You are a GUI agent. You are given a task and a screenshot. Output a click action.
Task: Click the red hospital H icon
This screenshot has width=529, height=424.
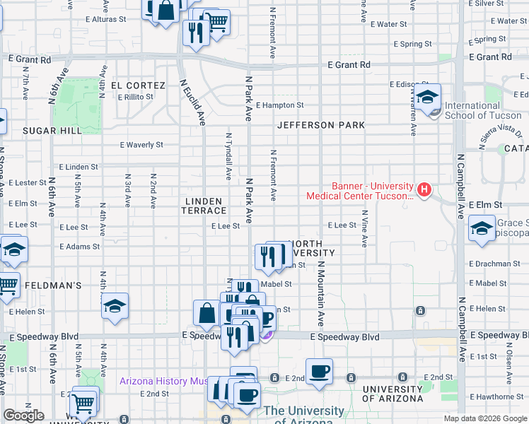[x=424, y=189]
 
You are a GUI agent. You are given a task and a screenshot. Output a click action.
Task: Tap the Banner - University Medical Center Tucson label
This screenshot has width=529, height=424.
[x=359, y=191]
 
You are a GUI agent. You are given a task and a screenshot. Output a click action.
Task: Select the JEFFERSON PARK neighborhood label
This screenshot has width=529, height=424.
[x=321, y=125]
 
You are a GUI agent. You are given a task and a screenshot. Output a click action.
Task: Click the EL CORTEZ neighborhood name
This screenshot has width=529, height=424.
[x=141, y=86]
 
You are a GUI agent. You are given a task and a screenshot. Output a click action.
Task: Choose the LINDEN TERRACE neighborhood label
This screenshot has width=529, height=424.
[x=205, y=206]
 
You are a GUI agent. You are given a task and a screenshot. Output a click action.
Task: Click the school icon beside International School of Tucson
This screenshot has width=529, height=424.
[x=428, y=98]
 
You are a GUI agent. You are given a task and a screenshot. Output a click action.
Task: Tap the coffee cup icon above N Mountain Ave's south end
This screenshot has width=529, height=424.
[x=319, y=370]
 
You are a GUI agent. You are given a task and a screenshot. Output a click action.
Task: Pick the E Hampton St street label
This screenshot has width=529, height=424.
[x=280, y=105]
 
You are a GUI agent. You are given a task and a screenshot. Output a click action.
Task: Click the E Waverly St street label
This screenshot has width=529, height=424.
[x=141, y=145]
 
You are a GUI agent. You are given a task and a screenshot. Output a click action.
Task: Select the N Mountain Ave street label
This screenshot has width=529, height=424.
[x=320, y=293]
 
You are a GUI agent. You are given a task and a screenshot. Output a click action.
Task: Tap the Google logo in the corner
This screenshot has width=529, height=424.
[x=24, y=416]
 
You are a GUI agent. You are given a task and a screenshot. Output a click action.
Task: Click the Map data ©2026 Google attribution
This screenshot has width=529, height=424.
[x=485, y=418]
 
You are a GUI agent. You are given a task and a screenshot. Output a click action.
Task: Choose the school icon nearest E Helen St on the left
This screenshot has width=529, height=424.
[x=115, y=306]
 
